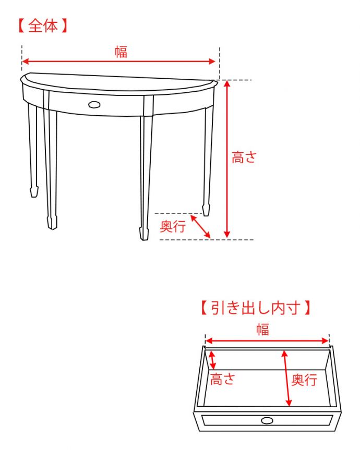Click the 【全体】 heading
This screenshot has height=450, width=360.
pos(43,26)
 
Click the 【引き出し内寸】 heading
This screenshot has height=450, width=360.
pos(256,308)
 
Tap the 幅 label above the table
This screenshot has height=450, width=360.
pos(121,52)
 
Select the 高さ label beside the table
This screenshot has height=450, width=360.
pos(244,157)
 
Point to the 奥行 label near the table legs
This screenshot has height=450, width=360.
pos(173,226)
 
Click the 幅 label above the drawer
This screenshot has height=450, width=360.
pos(262,329)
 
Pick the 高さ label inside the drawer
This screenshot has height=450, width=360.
pos(223,379)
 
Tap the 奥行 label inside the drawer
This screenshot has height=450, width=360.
pos(304,380)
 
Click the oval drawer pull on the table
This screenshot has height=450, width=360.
pos(94,105)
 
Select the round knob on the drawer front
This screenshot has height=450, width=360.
pos(267,421)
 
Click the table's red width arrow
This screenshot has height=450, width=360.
pos(118,62)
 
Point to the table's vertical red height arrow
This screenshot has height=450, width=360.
pos(227,159)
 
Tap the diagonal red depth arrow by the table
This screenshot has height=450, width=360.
pos(200,227)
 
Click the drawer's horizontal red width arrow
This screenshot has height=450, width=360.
pos(267,341)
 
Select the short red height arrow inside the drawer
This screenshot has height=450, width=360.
pos(212,360)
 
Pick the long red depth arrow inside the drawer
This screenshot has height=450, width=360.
pos(287,379)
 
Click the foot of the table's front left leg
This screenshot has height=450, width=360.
pos(52,223)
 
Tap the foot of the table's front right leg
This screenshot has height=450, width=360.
pos(144,234)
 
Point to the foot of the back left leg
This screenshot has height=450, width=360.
pos(34,191)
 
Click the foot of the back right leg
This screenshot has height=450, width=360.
pos(206,210)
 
